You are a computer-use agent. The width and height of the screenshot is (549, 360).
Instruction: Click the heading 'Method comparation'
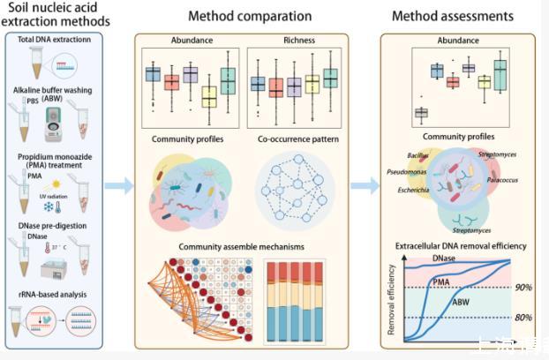(x=250, y=16)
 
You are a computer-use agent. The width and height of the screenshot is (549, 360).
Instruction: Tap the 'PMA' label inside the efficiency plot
(x=442, y=281)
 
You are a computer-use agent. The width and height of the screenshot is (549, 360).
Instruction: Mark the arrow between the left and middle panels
(x=118, y=185)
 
